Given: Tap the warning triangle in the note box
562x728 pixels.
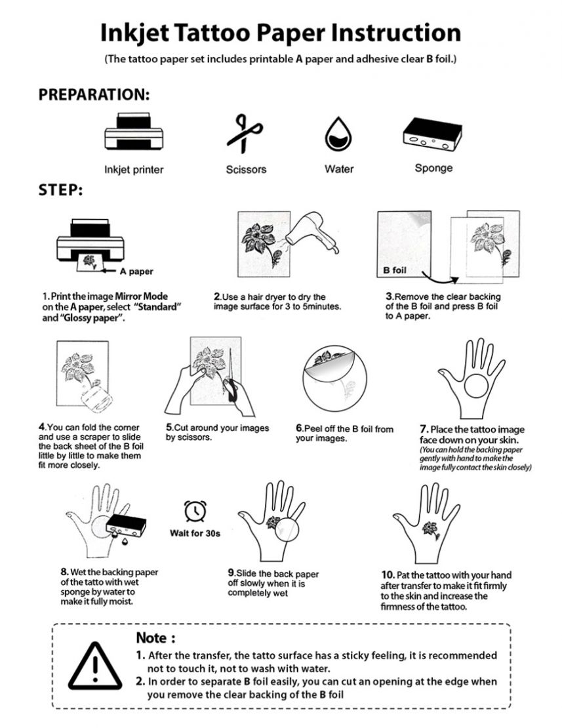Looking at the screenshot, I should pyautogui.click(x=96, y=664).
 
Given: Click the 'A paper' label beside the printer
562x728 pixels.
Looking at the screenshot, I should pyautogui.click(x=137, y=271).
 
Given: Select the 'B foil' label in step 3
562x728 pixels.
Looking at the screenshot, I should pyautogui.click(x=397, y=270).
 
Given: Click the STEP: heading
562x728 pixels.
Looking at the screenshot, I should pyautogui.click(x=60, y=190).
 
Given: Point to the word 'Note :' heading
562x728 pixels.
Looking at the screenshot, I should pyautogui.click(x=155, y=637).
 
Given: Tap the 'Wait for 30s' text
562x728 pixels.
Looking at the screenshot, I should pyautogui.click(x=195, y=533).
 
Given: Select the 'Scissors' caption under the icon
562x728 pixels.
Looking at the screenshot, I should pyautogui.click(x=246, y=169).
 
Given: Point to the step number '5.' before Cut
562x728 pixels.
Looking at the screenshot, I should pyautogui.click(x=169, y=428).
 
